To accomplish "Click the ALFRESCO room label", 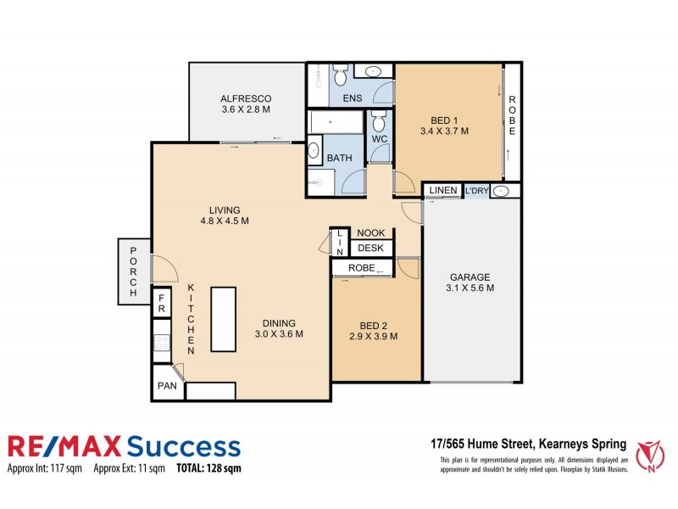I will pos(245,97).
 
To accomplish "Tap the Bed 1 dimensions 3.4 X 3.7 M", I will pos(444,131).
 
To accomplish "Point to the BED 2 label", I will pos(373,324).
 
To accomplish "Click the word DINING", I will pos(279,322).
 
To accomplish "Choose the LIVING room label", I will pos(225,210).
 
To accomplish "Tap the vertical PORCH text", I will pos(133,271).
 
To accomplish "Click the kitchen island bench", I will pos(224,319).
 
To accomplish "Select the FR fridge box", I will pos(161,307).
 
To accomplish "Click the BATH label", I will pos(339,159).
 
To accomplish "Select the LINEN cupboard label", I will pos(442,191).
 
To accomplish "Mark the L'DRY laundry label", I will pos(476,191).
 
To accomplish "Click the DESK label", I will pos(370,249).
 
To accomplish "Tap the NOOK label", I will pos(370,232).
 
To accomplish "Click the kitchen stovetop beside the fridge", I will pos(161,343).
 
